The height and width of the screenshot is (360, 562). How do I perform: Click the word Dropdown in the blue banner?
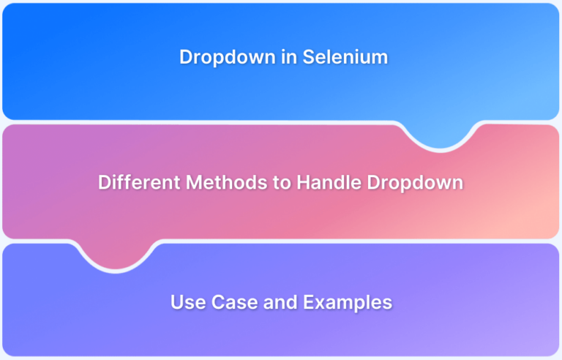[x=228, y=58]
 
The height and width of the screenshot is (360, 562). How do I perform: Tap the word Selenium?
[x=345, y=56]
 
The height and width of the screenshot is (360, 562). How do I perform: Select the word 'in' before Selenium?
[x=289, y=56]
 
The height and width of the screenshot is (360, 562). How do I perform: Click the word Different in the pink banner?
[x=140, y=181]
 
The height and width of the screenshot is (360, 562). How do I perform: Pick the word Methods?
[x=227, y=181]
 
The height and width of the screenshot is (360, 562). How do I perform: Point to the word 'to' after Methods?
[x=282, y=182]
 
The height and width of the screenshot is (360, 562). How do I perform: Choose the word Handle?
[x=329, y=181]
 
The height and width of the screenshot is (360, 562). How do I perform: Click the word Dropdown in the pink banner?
[x=415, y=183]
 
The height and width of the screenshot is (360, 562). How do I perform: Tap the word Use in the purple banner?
[x=188, y=302]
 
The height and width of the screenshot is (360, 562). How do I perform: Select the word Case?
[x=234, y=302]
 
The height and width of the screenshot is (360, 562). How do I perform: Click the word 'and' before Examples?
[x=280, y=302]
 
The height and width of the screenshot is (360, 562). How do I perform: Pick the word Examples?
[x=348, y=303]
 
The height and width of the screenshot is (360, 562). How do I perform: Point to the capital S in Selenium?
[x=309, y=57]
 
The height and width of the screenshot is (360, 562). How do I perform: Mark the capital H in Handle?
[x=303, y=182]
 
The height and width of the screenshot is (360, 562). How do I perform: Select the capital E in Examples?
[x=309, y=302]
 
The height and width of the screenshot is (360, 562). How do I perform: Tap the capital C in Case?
[x=218, y=302]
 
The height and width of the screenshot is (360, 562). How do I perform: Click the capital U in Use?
[x=177, y=302]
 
